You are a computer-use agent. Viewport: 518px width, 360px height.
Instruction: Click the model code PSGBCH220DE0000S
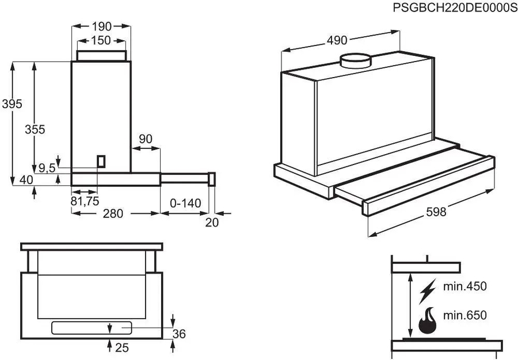(x=454, y=7)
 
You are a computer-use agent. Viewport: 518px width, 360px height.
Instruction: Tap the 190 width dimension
(x=102, y=26)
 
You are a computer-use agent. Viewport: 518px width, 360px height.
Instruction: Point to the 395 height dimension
(x=12, y=104)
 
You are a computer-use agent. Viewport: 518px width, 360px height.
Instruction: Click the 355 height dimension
(x=35, y=129)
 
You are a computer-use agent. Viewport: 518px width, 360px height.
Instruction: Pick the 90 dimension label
(x=146, y=139)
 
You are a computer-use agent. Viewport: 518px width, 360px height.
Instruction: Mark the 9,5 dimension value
(x=47, y=168)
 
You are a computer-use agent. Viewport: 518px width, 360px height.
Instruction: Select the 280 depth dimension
(x=113, y=213)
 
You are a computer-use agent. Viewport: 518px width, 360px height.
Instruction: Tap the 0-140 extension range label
(x=185, y=202)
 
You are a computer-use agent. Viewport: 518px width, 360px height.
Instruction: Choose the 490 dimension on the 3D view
(x=337, y=40)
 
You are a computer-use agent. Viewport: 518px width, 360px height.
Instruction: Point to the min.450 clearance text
(x=465, y=286)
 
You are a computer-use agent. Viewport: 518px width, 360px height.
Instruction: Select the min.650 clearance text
(x=465, y=315)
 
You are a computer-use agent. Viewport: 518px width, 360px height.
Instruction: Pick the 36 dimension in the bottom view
(x=180, y=334)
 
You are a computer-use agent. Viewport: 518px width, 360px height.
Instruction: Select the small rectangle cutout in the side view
(x=101, y=161)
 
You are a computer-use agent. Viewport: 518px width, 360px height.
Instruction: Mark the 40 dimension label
(x=26, y=180)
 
